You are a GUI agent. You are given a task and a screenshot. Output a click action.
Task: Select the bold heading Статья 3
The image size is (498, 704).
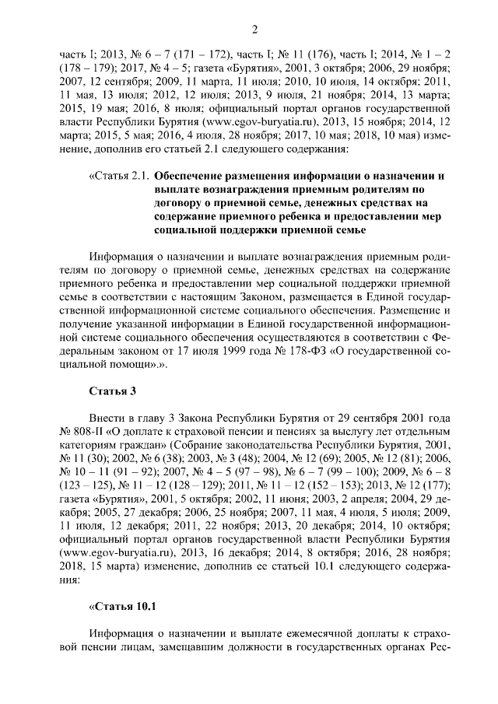point(108,390)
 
